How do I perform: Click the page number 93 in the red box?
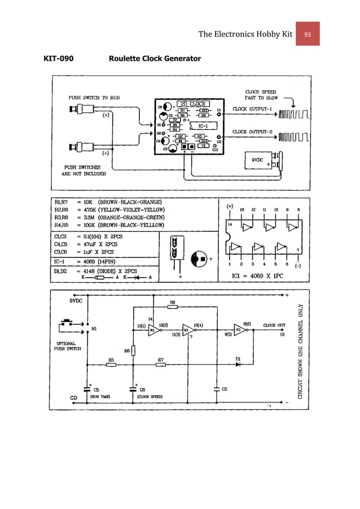pyautogui.click(x=308, y=34)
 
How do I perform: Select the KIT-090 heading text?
pyautogui.click(x=58, y=58)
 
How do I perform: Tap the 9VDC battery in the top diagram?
pyautogui.click(x=262, y=160)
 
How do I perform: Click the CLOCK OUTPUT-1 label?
pyautogui.click(x=252, y=108)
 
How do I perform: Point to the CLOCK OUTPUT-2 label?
pyautogui.click(x=252, y=133)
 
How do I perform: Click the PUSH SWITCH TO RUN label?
pyautogui.click(x=94, y=97)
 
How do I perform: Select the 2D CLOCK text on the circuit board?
pyautogui.click(x=192, y=104)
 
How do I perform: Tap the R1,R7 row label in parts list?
pyautogui.click(x=63, y=201)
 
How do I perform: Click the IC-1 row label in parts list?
pyautogui.click(x=60, y=261)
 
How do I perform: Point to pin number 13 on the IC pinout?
pyautogui.click(x=242, y=209)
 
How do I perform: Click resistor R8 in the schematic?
pyautogui.click(x=173, y=308)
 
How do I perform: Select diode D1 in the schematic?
pyautogui.click(x=238, y=364)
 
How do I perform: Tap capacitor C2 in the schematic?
pyautogui.click(x=217, y=388)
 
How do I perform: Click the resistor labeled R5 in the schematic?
pyautogui.click(x=111, y=365)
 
